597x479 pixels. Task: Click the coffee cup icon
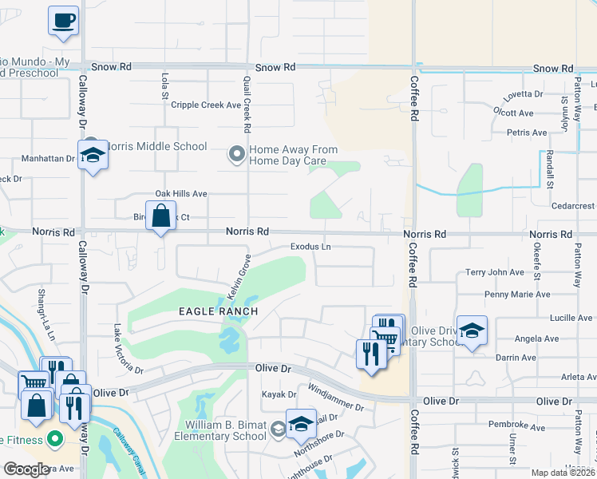click(63, 21)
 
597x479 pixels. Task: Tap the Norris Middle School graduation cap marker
click(93, 156)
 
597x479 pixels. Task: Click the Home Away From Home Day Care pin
click(236, 154)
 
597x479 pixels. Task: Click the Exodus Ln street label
click(310, 247)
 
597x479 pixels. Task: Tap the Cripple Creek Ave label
click(206, 105)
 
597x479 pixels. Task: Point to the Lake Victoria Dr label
click(128, 349)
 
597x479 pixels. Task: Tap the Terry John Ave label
click(495, 272)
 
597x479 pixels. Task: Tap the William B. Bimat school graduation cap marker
click(301, 426)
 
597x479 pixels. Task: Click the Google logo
click(26, 469)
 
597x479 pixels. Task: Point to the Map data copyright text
click(563, 473)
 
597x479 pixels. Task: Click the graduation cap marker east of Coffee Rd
click(472, 331)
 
